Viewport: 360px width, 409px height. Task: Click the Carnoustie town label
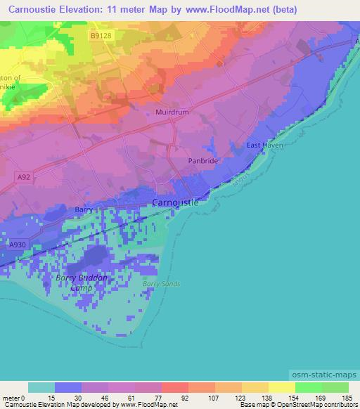[176, 203]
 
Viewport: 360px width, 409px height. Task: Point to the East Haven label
[262, 145]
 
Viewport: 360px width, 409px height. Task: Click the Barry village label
[84, 209]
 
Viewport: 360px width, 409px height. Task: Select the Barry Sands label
[161, 284]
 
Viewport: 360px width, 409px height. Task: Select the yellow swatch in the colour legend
[281, 387]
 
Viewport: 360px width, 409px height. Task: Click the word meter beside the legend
[12, 397]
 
